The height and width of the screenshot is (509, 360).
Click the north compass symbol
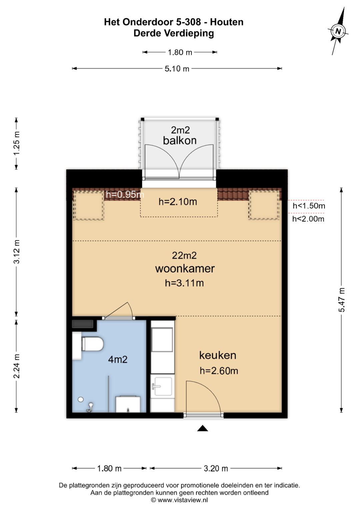point(338,31)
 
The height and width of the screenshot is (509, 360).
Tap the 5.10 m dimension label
point(177,69)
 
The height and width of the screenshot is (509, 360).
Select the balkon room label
point(180,140)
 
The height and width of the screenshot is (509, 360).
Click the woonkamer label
point(185,269)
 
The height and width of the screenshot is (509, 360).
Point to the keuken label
point(218,355)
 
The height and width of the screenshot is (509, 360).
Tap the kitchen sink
point(163,386)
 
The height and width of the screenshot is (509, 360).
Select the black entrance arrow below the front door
point(203,428)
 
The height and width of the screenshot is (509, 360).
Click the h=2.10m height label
point(178,202)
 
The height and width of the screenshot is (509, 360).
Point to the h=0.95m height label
point(125,195)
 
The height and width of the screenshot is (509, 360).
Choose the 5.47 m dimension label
point(342,300)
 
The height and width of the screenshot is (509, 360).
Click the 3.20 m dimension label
point(216,468)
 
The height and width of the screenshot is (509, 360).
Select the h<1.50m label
point(309,206)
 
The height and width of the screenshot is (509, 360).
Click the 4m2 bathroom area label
point(118,359)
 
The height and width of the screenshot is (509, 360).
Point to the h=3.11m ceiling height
point(184,283)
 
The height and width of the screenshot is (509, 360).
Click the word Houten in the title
point(227,22)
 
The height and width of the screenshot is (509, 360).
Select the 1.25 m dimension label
point(17,144)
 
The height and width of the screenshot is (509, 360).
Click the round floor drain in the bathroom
point(81,399)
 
